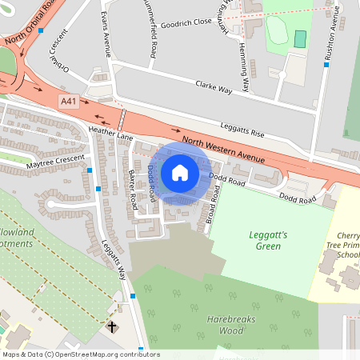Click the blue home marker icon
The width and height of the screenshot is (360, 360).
(180, 171)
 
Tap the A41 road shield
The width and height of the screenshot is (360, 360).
(69, 102)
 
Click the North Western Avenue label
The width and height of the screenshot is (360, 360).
(222, 150)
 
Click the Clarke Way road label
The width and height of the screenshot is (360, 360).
(214, 87)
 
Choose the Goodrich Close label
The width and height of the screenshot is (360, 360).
(186, 22)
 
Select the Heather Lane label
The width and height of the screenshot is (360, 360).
(110, 132)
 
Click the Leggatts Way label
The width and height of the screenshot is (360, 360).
(114, 262)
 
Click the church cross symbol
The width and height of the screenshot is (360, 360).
(112, 326)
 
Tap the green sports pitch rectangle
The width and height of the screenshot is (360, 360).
(300, 38)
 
